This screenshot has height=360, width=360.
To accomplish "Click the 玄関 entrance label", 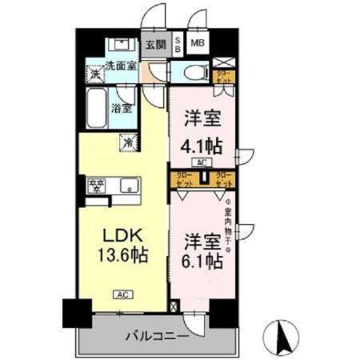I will pyautogui.click(x=155, y=45).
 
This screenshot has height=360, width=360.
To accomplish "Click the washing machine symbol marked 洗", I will pyautogui.click(x=95, y=74).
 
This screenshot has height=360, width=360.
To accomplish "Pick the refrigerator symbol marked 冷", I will pyautogui.click(x=127, y=142).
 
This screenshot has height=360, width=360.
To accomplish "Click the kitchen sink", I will pyautogui.click(x=129, y=186).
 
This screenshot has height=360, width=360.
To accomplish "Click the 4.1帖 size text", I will pyautogui.click(x=204, y=146).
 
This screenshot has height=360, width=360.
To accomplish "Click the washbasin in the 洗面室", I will pyautogui.click(x=121, y=44).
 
